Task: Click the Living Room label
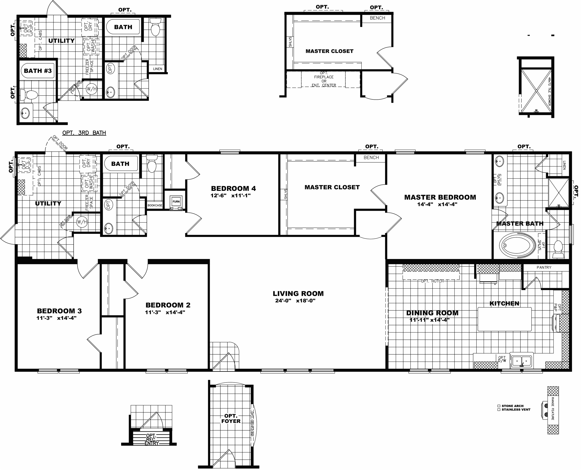(298, 293)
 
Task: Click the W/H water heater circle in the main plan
(82, 222)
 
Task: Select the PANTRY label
(544, 267)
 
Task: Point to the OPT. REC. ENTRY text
(151, 439)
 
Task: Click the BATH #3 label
(38, 71)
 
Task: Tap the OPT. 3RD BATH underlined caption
(84, 133)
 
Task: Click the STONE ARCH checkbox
(499, 406)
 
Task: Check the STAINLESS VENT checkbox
(499, 410)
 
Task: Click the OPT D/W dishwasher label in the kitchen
(502, 359)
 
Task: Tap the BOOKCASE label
(155, 206)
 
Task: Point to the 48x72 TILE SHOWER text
(549, 91)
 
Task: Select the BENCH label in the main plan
(371, 158)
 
